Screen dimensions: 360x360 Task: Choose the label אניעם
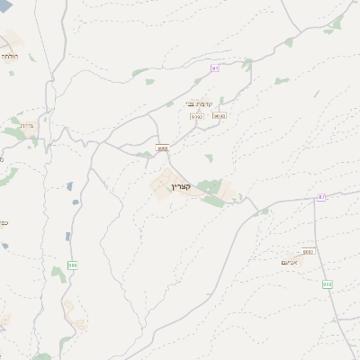pyautogui.click(x=290, y=261)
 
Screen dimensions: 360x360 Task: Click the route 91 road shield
pyautogui.click(x=215, y=68)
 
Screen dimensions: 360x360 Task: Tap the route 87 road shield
pyautogui.click(x=321, y=197)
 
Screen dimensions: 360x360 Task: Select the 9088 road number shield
pyautogui.click(x=162, y=148)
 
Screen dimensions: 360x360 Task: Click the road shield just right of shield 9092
pyautogui.click(x=218, y=116)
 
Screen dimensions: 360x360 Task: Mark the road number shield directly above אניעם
pyautogui.click(x=309, y=252)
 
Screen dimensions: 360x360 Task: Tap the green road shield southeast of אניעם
pyautogui.click(x=328, y=283)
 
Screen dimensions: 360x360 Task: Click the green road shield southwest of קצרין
pyautogui.click(x=73, y=265)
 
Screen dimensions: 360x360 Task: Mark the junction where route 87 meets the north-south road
pyautogui.click(x=316, y=197)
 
